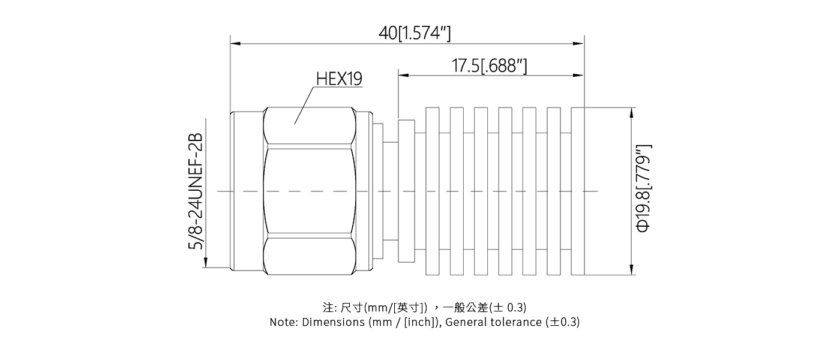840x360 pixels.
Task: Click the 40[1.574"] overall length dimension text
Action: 414,33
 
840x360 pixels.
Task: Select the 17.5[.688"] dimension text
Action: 489,65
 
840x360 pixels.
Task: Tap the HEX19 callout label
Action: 339,79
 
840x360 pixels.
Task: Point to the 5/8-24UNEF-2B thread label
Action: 196,191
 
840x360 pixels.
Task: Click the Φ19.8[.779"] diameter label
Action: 643,188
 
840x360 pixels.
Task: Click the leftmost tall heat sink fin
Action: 432,191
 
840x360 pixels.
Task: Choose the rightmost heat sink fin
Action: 577,191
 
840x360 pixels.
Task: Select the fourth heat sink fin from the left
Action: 505,191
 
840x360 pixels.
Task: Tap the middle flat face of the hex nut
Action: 309,191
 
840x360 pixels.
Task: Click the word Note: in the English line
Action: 284,322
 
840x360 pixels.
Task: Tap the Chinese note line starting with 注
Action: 425,308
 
